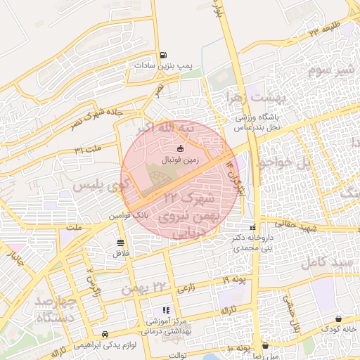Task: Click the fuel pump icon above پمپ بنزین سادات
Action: pos(164,55)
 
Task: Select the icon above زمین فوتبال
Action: pos(181,148)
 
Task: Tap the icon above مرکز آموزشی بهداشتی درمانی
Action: pos(166,309)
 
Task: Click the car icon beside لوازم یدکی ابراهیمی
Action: pos(105,334)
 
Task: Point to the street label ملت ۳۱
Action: pos(89,149)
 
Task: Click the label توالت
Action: pos(176,355)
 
